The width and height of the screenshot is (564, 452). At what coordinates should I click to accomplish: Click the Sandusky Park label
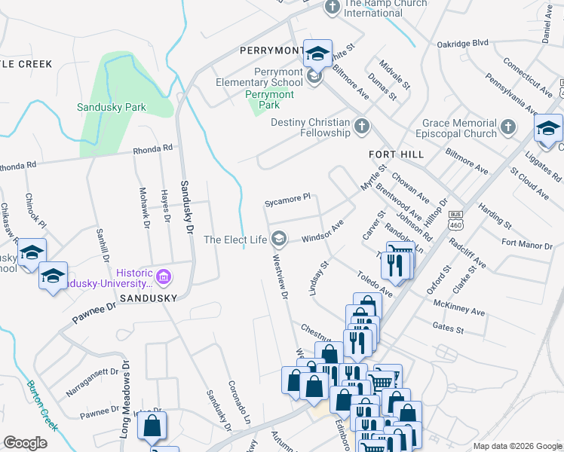point(112,107)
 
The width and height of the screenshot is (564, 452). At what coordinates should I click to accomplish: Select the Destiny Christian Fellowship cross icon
point(362,126)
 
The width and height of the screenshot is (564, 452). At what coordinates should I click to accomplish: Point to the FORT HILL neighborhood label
point(395,153)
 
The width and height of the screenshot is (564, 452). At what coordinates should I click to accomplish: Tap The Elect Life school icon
point(279,239)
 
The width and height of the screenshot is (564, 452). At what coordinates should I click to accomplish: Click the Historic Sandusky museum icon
point(164,278)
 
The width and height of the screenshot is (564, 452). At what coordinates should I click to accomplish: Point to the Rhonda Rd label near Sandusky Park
point(153,148)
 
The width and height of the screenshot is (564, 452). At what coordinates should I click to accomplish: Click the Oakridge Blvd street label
point(463,44)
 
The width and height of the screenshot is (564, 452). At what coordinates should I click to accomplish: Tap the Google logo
point(25,443)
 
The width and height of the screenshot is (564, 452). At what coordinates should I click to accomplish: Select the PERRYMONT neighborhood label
point(271,51)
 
